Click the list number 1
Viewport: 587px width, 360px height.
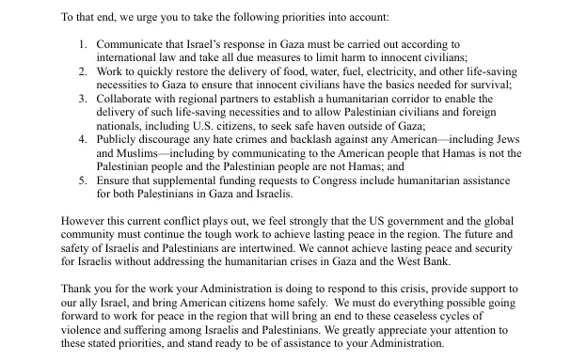(82, 43)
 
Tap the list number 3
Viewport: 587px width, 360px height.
(82, 98)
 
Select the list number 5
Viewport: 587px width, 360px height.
(82, 180)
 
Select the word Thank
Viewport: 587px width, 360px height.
(78, 290)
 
